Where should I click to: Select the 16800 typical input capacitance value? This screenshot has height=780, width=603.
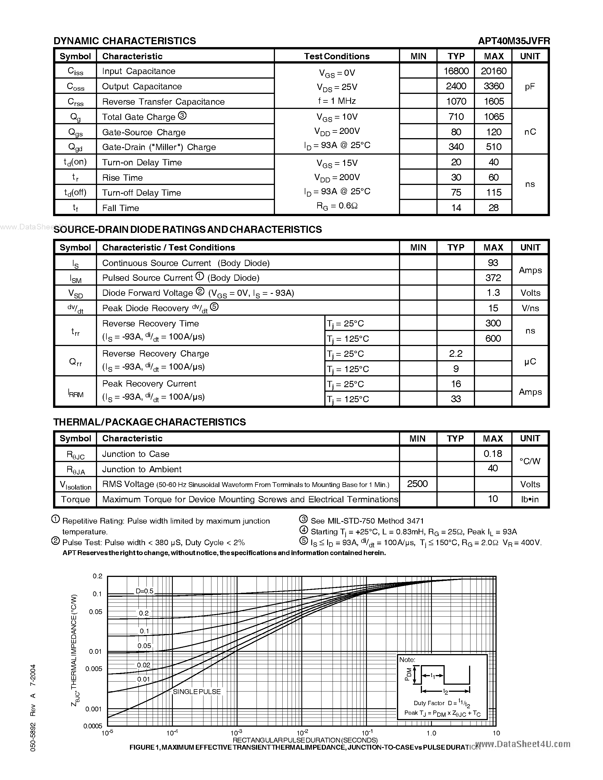click(456, 71)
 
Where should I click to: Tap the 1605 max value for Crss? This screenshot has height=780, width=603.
click(493, 102)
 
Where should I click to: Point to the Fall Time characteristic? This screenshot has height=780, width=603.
click(120, 208)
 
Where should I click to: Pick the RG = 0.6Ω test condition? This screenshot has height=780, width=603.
click(337, 206)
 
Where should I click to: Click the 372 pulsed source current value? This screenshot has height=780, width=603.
click(493, 278)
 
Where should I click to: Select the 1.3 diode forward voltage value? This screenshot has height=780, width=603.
click(493, 293)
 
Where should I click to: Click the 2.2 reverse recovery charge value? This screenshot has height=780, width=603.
click(455, 354)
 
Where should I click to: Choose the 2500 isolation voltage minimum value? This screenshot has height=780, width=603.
click(417, 484)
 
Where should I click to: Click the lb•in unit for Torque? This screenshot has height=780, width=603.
click(530, 499)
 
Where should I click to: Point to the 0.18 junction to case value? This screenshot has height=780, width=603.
click(493, 454)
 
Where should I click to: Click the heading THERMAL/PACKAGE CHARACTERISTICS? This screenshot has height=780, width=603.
click(149, 422)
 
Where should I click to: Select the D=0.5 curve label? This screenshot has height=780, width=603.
click(144, 591)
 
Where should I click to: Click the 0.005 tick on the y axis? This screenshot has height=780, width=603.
click(94, 669)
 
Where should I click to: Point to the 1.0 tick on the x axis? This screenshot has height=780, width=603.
click(431, 733)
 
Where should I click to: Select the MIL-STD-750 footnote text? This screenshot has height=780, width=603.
click(367, 521)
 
